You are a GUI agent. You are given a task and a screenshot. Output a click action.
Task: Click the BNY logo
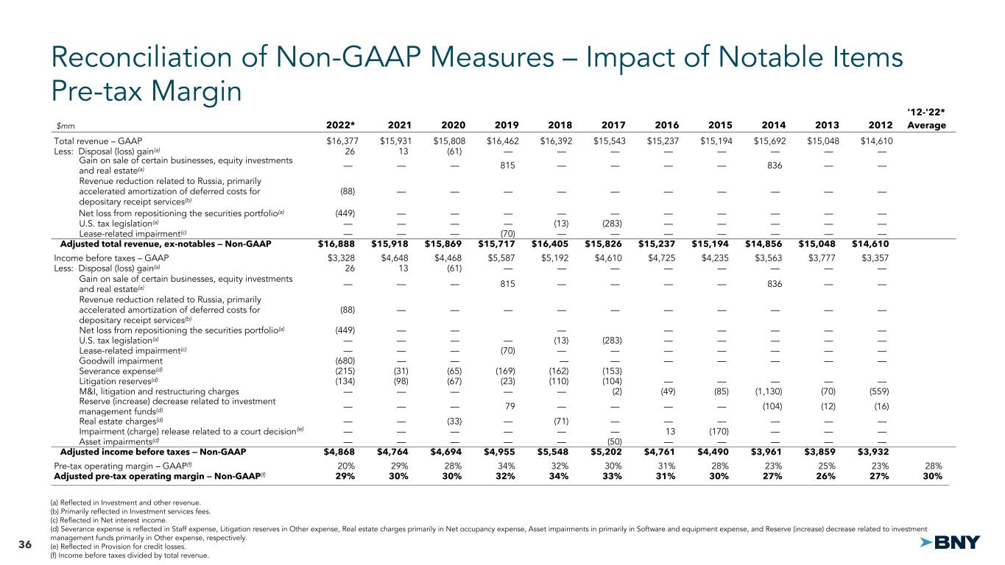pos(951,542)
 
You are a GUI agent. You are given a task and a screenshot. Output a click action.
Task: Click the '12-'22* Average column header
pos(926,118)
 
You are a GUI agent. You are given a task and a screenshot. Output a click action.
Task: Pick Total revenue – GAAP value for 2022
pos(340,141)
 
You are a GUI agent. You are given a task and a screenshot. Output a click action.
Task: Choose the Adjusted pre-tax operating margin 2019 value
pos(507,476)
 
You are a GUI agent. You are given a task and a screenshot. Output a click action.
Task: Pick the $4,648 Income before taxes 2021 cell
pos(394,258)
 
